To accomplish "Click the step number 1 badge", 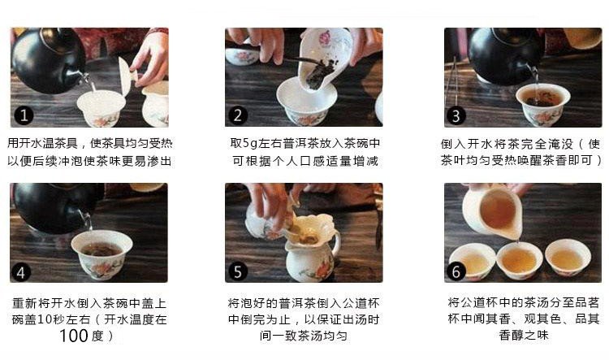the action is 24,115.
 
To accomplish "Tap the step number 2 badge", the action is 238,115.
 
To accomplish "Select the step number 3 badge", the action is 456,116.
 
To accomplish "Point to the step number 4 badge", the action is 21,272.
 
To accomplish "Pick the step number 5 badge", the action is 238,271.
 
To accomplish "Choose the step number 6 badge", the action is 456,271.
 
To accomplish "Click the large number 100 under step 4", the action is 74,336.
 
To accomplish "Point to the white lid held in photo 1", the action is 127,76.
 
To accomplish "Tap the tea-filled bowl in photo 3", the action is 542,104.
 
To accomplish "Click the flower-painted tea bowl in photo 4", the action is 102,254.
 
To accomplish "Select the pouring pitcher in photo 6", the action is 491,212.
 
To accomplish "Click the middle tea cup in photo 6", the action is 520,260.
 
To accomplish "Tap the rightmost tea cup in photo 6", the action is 568,258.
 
